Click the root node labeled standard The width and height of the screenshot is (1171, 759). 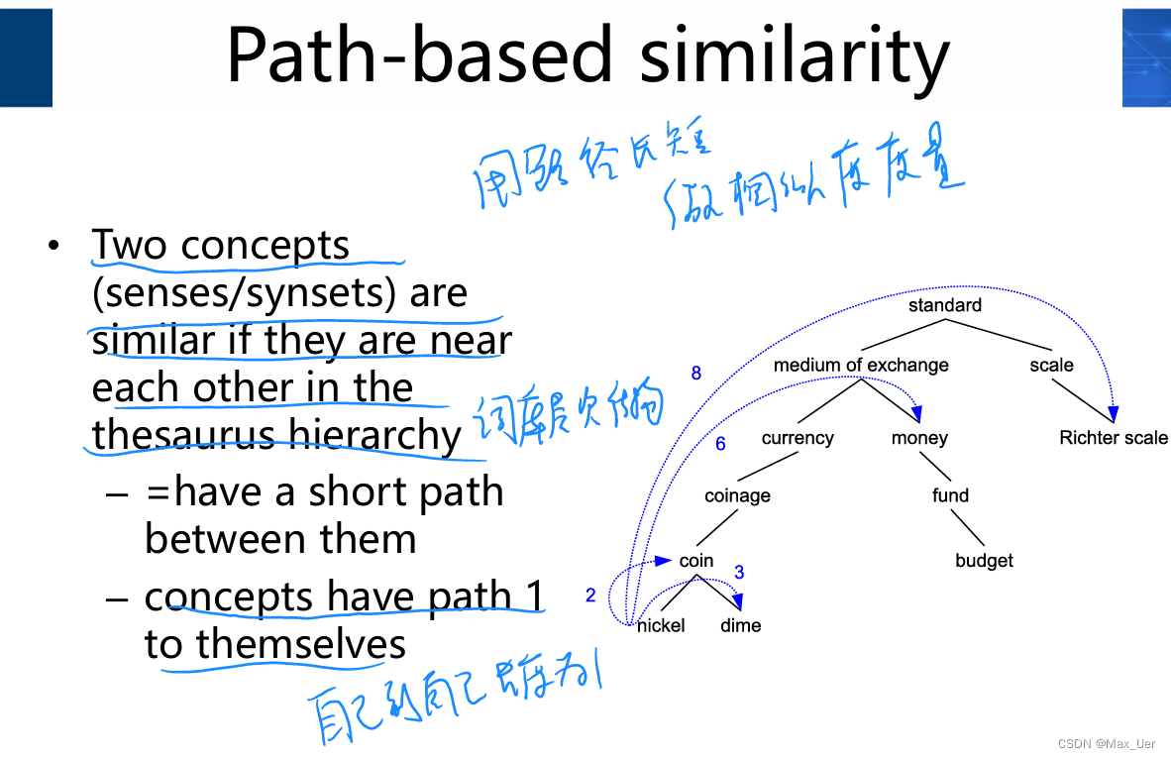(x=944, y=305)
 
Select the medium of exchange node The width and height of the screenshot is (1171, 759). (x=861, y=365)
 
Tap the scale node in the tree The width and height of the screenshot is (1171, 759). (x=1051, y=365)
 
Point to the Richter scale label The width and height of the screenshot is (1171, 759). (x=1113, y=438)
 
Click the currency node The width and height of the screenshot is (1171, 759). (x=798, y=438)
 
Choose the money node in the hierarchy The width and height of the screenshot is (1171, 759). (x=919, y=438)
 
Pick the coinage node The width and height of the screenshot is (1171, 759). (x=737, y=495)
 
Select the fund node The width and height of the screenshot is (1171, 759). (x=950, y=495)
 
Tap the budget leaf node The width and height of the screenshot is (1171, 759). (x=984, y=561)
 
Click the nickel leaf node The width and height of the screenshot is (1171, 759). (x=661, y=625)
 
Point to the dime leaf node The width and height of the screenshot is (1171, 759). (x=740, y=625)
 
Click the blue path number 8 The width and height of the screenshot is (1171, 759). (x=696, y=374)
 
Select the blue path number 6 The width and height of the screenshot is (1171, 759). (x=720, y=444)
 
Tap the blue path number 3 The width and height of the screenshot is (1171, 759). (x=739, y=573)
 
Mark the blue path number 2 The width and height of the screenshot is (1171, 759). (x=590, y=596)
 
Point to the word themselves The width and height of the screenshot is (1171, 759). (x=301, y=644)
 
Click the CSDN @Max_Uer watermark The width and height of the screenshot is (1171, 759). (x=1106, y=743)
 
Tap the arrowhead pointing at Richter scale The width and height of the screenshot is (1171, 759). (x=1113, y=414)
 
